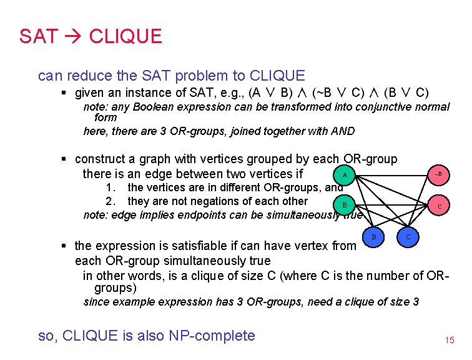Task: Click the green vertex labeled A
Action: click(344, 174)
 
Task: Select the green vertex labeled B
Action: click(344, 205)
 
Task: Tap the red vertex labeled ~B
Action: click(439, 174)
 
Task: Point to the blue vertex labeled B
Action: click(373, 236)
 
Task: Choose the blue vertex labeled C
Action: click(408, 236)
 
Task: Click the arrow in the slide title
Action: click(74, 36)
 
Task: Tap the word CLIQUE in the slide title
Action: click(125, 36)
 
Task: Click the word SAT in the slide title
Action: click(39, 36)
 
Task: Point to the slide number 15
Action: click(449, 341)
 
